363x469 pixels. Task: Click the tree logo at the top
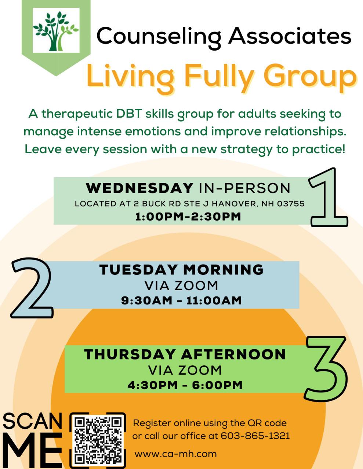[56, 31]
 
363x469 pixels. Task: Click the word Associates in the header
[290, 36]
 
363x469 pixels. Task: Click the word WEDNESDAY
[139, 188]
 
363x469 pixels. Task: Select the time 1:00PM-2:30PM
[188, 217]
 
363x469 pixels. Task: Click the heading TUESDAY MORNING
[181, 269]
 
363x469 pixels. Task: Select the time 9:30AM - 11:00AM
[181, 300]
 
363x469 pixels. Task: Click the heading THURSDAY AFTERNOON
[185, 354]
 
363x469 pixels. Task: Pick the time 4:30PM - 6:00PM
[185, 385]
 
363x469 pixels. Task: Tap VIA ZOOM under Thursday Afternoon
[185, 370]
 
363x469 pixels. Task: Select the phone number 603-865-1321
[255, 436]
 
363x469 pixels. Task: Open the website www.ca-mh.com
[175, 454]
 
